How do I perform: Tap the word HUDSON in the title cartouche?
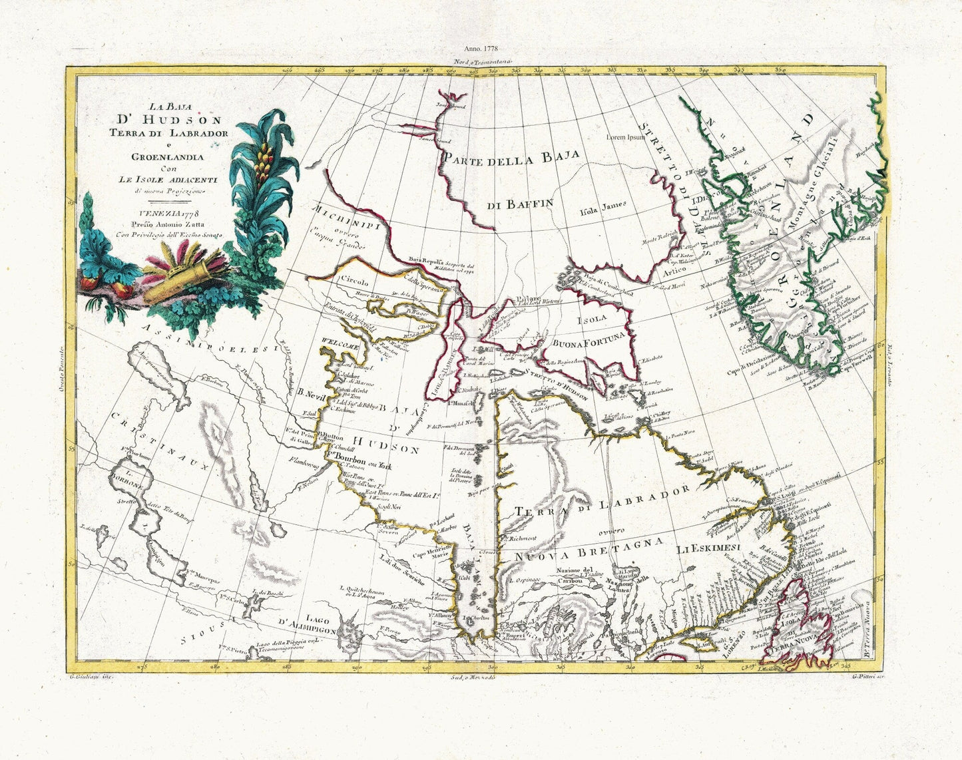tap(170, 120)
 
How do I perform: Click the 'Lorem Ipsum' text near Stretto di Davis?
tap(626, 137)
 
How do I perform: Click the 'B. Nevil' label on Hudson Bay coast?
tap(310, 393)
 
